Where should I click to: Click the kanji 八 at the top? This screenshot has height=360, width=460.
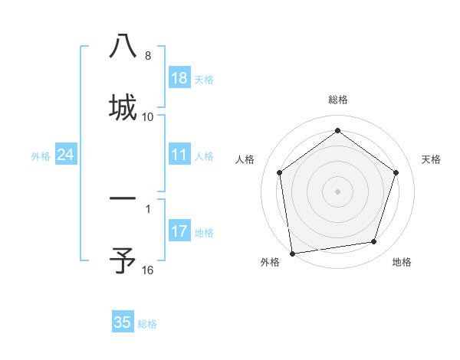(123, 47)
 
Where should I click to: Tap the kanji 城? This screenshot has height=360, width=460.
(123, 106)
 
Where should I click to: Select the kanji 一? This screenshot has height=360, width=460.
(123, 200)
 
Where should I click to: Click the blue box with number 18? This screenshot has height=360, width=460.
(179, 78)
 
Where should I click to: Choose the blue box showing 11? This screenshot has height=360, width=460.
(179, 155)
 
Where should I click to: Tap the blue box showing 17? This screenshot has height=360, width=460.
(179, 231)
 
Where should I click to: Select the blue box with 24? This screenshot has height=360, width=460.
(66, 155)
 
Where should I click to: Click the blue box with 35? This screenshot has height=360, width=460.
(123, 322)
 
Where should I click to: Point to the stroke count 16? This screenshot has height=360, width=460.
(148, 270)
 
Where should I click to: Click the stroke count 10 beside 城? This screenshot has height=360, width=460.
(148, 116)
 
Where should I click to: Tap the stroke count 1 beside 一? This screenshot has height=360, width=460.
(148, 208)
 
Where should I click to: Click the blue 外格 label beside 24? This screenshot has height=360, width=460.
(41, 156)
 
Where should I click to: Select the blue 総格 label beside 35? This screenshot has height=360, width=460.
(147, 323)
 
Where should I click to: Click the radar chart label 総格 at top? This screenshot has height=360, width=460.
(337, 100)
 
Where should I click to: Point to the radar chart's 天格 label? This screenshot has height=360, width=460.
(432, 159)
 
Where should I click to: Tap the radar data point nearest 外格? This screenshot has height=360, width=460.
(292, 252)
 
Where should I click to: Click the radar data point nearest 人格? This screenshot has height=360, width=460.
(279, 172)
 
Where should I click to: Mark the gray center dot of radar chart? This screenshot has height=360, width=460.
(337, 191)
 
